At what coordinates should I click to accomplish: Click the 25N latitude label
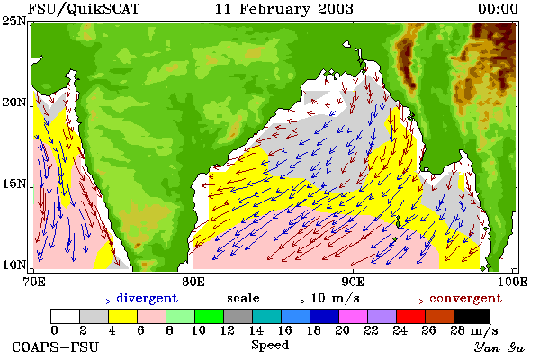coord(13,21)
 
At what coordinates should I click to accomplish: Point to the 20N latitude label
coord(13,102)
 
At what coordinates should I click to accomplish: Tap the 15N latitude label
coord(13,184)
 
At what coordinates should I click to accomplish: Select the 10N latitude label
coord(13,265)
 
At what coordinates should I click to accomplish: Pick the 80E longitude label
coord(193,282)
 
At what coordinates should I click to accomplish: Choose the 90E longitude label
coord(353,282)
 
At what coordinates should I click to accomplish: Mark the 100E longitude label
coord(512,282)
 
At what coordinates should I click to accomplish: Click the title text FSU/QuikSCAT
coord(84,9)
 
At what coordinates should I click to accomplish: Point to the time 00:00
coord(498,9)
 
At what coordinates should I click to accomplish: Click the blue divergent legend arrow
coord(91,301)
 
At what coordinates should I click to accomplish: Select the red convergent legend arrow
coord(404,301)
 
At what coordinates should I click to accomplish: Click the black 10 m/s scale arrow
coord(284,301)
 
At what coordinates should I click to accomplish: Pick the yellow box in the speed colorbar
coord(123,316)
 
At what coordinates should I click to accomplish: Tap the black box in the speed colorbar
coord(472,316)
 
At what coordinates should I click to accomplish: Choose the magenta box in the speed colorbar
coord(354,316)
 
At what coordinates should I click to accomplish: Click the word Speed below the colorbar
coord(270,346)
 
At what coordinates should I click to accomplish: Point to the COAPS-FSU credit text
coord(55,346)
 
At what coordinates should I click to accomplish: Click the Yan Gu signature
coord(499,347)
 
